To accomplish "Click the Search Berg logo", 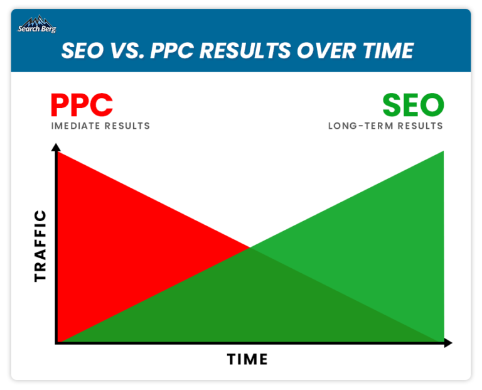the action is coord(37,24).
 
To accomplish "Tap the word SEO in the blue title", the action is coord(83,50).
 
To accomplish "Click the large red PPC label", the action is coord(82,105).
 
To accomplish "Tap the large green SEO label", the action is coord(413,105).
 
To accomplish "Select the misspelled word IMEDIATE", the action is coord(75,126).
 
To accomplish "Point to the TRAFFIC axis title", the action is coord(40,246).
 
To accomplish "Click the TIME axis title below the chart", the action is coord(247,359).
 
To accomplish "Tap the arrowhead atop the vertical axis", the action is coord(56,147).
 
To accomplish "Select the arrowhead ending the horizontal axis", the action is coord(448,343).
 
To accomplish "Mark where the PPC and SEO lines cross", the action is coord(250,247).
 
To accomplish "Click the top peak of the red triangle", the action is coord(58,152).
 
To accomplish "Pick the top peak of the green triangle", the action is coord(444,151).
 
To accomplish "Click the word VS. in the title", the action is coord(127,50).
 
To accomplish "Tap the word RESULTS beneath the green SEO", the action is coord(420,126).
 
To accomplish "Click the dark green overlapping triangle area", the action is coord(250,308).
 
